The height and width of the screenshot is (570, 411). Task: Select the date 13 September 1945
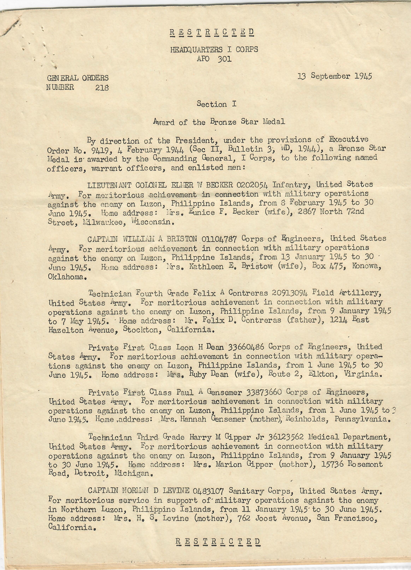click(335, 76)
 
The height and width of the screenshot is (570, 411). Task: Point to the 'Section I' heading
click(216, 104)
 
